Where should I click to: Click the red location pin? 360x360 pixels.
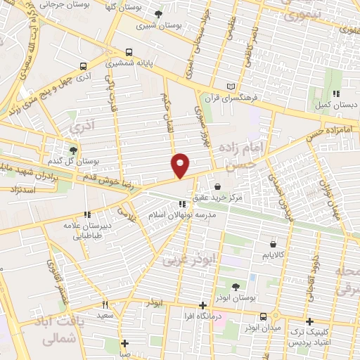pos(181,165)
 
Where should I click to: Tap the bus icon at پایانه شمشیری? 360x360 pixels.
pos(128,52)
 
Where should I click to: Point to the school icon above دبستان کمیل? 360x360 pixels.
pos(337,94)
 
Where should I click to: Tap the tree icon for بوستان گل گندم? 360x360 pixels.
pos(73,150)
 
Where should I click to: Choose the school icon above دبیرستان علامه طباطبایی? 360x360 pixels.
pos(86,214)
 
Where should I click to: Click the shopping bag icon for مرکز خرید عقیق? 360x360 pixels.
pos(217,186)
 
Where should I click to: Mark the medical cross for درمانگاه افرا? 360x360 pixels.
pos(203,305)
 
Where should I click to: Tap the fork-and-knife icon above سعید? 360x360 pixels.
pos(105,304)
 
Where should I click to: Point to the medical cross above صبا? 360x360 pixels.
pos(124,344)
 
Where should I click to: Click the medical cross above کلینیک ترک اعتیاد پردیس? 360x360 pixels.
pos(309,321)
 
